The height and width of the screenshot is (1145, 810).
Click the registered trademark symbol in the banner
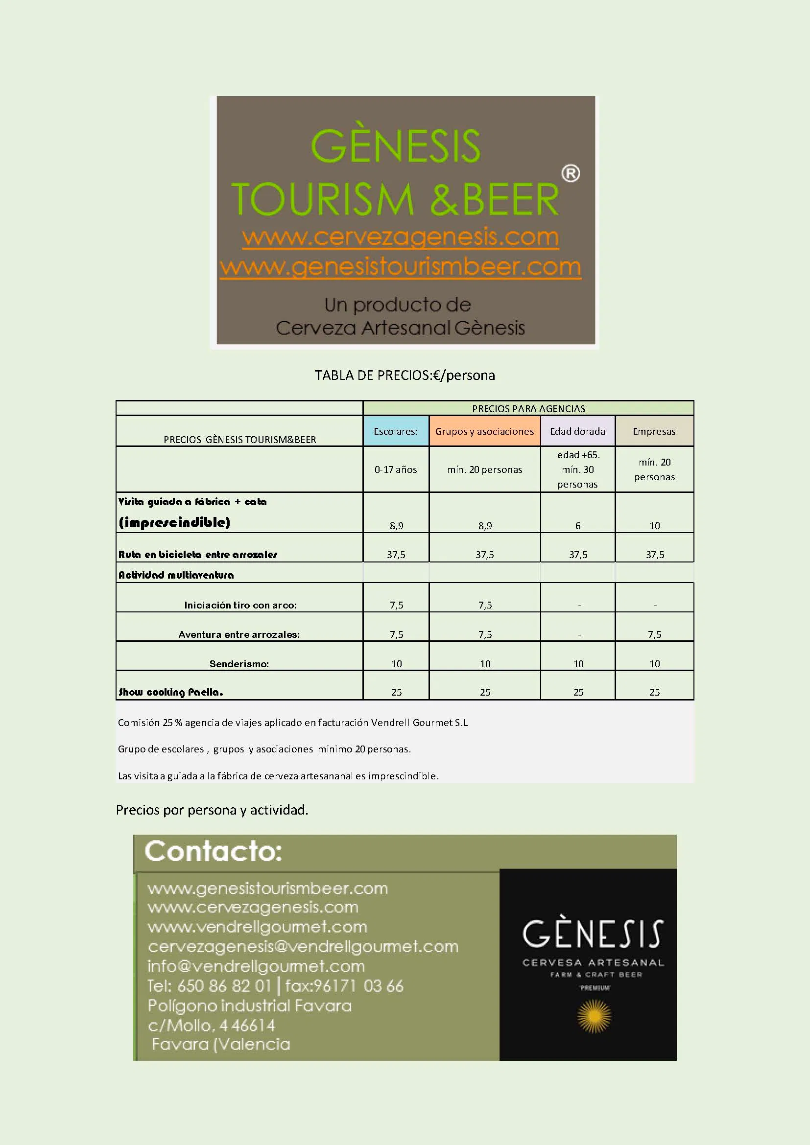570,174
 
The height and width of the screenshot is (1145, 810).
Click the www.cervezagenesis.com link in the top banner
400,237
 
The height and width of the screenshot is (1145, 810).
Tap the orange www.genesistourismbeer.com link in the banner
400,267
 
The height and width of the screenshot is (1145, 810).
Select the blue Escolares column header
396,431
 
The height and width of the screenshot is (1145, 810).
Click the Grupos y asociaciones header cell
484,431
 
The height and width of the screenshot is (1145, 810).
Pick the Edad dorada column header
577,431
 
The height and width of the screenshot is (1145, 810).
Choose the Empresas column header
654,431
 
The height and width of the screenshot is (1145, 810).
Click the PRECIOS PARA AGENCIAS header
528,409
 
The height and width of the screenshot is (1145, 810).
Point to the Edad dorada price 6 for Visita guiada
578,526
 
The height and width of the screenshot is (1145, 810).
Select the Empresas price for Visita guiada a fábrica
654,526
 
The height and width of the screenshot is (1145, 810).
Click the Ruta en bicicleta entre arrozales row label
197,555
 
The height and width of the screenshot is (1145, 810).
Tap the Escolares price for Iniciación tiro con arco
396,605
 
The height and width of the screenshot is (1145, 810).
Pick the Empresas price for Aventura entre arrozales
654,634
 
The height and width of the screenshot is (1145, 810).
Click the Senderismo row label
239,664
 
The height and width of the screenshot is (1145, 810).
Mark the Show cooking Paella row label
170,692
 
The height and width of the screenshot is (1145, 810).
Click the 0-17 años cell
396,469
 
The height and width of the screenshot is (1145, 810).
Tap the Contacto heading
214,852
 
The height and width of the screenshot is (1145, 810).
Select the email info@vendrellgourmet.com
256,966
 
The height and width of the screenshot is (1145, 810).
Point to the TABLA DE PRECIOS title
405,375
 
